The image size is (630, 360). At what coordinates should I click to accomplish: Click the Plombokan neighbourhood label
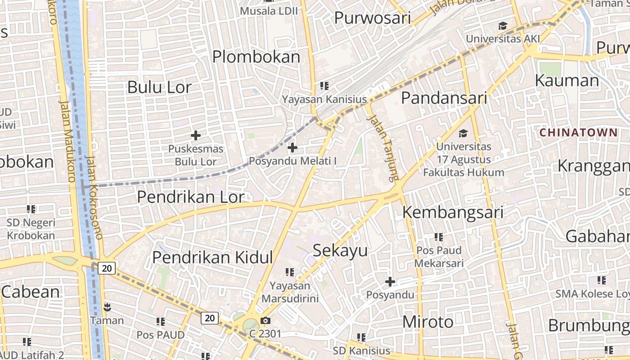[x=256, y=57]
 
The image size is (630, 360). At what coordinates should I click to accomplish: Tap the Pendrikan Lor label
[x=191, y=197]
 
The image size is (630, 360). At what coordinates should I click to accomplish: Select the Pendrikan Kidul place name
[x=212, y=257]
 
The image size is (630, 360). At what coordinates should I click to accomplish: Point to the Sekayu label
[x=340, y=251]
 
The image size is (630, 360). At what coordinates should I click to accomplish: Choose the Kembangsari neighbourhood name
[x=453, y=212]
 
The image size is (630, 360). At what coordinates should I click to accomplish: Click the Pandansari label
[x=444, y=98]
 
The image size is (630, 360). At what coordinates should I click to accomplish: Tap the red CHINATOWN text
[x=578, y=132]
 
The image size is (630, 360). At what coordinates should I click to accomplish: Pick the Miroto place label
[x=428, y=322]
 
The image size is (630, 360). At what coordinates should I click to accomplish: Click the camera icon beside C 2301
[x=265, y=320]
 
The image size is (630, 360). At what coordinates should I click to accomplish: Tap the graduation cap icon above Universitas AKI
[x=503, y=26]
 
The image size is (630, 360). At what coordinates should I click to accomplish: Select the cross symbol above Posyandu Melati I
[x=292, y=147]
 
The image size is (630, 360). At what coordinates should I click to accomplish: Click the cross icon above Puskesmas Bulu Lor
[x=196, y=135]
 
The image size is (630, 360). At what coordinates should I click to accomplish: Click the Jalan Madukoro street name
[x=67, y=141]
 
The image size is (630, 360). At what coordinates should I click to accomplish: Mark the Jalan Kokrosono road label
[x=94, y=197]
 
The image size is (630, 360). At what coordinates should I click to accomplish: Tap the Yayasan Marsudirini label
[x=290, y=292]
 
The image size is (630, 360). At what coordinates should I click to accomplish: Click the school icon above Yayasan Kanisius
[x=324, y=85]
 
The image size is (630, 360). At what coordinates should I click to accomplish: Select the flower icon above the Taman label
[x=107, y=308]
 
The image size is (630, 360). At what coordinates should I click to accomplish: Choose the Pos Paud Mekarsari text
[x=439, y=256]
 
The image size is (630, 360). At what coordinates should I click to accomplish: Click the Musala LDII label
[x=269, y=10]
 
